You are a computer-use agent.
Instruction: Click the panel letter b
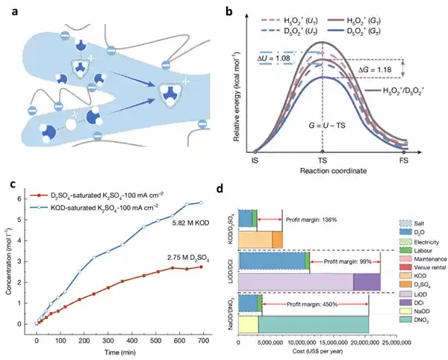238,10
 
